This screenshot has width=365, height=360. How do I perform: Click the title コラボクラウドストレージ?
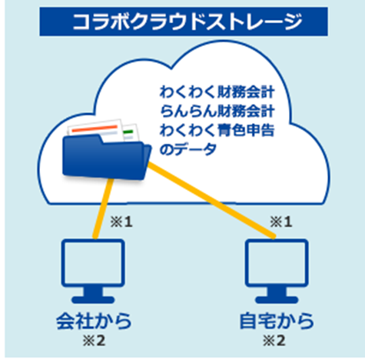point(187,22)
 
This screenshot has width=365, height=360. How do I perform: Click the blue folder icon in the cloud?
point(107,156)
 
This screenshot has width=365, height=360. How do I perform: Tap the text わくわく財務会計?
point(217,92)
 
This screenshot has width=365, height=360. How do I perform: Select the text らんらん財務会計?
point(217,111)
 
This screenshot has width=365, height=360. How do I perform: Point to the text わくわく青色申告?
point(217,130)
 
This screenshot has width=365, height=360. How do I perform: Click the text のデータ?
point(188,148)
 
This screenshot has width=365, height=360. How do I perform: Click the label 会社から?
point(94,321)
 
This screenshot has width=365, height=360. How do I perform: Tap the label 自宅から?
point(277,321)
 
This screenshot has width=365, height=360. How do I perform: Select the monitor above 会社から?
point(93,271)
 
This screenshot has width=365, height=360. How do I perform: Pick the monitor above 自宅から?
point(277,271)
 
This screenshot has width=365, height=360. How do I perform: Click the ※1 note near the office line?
point(121,222)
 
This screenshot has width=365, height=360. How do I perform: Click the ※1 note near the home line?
point(281,222)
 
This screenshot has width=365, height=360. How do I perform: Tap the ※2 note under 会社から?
point(94,341)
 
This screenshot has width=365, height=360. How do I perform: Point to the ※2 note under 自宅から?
point(274,341)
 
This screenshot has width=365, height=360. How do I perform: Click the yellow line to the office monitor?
point(103,208)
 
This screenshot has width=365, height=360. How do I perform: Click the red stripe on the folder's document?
point(95,128)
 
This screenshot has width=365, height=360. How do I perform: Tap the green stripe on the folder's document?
point(128,132)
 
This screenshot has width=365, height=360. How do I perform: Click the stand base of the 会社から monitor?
point(93,300)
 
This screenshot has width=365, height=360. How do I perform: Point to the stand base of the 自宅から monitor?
point(277,300)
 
